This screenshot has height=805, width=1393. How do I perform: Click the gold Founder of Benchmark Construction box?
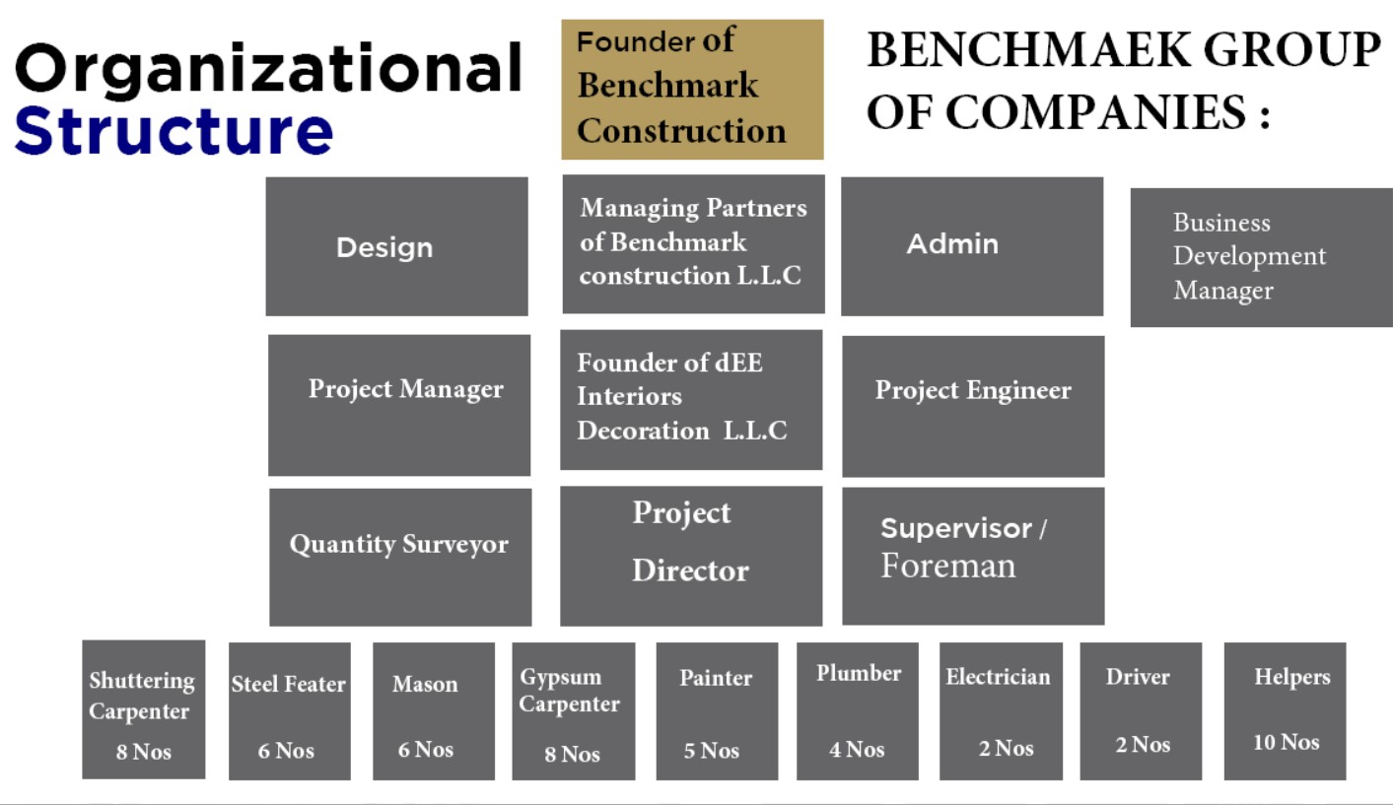tap(692, 90)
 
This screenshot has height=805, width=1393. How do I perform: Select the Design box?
tap(396, 246)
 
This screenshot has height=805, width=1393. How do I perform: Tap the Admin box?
tap(972, 246)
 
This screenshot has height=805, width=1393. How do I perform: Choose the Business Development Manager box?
tap(1261, 257)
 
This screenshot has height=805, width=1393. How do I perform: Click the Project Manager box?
tap(399, 405)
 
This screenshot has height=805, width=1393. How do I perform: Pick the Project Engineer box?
tap(973, 407)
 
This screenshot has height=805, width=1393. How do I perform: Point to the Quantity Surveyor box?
tap(400, 557)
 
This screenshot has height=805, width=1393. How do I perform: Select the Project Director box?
tap(691, 556)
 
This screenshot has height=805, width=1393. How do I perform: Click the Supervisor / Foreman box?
tap(973, 556)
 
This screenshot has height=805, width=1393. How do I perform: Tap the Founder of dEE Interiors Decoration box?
tap(691, 400)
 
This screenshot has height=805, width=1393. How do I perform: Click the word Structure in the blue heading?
tap(174, 131)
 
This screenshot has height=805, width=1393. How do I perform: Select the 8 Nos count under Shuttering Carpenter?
tap(144, 752)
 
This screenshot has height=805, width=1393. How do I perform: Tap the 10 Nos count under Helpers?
tap(1287, 742)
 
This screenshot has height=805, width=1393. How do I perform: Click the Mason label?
tap(425, 685)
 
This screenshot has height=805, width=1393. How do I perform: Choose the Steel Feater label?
tap(289, 685)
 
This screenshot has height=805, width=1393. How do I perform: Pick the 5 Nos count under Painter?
tap(712, 751)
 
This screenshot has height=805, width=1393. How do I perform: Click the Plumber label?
tap(859, 673)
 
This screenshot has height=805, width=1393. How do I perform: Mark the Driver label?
tap(1138, 677)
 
